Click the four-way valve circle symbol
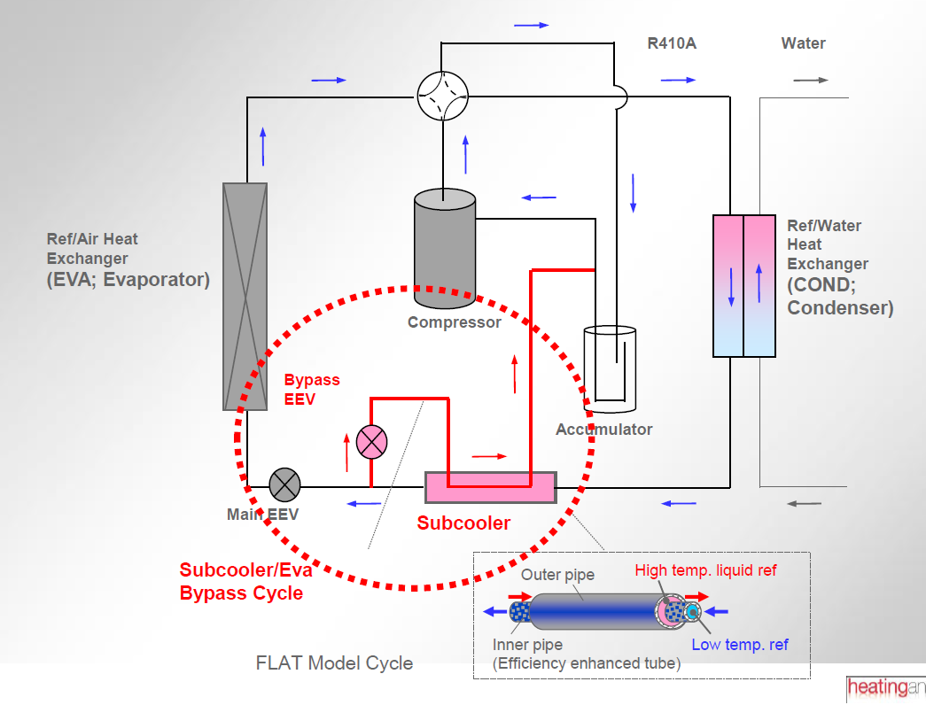coord(442,95)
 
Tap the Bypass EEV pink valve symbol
coord(371,441)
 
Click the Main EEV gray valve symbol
coord(284,484)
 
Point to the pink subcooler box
coord(490,487)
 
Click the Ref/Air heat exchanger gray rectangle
coord(245,296)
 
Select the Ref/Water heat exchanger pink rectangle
coord(744,285)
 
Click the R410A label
coord(672,43)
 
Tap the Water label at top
coord(803,43)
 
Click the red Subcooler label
coord(463,523)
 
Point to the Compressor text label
coord(455,322)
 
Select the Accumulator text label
coord(603,430)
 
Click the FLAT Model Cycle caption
coord(334,662)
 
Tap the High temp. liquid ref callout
coord(705,569)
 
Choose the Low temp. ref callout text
coord(740,644)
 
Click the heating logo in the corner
coord(885,687)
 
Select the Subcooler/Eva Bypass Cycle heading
coord(245,582)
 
